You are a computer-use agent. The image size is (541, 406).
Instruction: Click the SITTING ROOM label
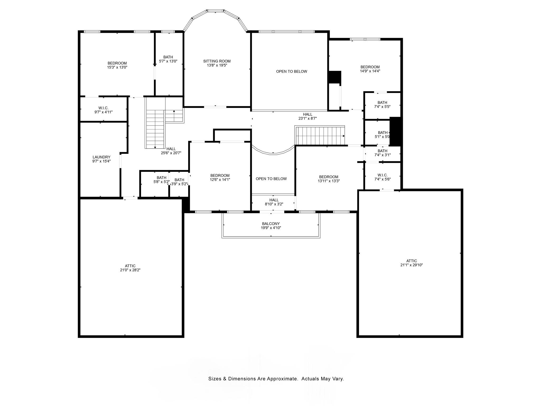(217, 61)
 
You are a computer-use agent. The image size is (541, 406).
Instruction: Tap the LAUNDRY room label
(101, 157)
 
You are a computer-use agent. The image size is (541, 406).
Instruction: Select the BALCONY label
(271, 224)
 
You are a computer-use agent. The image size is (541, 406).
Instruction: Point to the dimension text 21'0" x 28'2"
(130, 270)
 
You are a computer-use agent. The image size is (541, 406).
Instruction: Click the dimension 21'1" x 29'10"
(412, 265)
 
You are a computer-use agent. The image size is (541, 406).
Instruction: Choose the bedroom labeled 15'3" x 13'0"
(117, 65)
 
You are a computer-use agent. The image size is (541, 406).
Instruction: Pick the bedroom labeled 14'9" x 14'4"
(370, 69)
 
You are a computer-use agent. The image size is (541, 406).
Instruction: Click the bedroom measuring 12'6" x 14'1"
(220, 177)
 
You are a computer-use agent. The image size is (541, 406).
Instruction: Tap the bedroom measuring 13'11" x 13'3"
(329, 179)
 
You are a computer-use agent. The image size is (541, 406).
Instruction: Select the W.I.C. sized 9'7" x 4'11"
(103, 110)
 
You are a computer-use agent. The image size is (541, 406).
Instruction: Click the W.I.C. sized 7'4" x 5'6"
(383, 177)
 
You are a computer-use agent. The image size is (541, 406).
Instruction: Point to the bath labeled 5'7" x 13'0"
(168, 59)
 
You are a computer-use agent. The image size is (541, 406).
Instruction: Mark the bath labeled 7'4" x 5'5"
(382, 104)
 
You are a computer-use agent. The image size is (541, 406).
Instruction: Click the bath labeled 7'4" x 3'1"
(382, 153)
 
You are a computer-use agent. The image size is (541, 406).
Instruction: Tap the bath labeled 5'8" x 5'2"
(161, 180)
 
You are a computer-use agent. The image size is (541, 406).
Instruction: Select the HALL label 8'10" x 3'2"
(274, 202)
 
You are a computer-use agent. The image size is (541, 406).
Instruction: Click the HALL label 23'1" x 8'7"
(307, 116)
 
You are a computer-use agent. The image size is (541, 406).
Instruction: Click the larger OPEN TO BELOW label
(292, 71)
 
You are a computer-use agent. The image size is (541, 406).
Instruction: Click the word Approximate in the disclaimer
(282, 379)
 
